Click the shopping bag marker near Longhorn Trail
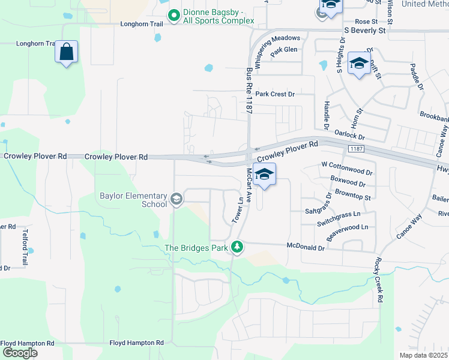point(67,52)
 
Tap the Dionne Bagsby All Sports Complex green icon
point(174,16)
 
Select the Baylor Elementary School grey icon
point(176,199)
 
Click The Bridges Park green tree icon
point(238,247)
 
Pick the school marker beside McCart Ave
point(264,175)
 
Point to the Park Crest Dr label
point(276,94)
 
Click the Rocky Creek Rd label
point(379,280)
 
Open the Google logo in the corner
point(20,353)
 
